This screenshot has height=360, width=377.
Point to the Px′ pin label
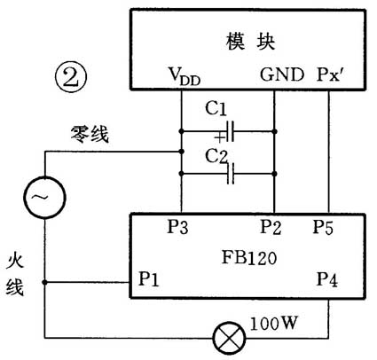tap(332, 76)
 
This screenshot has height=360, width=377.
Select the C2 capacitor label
tap(215, 156)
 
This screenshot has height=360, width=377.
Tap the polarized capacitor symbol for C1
tap(229, 133)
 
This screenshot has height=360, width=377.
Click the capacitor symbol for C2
tap(229, 175)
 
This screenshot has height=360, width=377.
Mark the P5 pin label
tap(324, 227)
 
